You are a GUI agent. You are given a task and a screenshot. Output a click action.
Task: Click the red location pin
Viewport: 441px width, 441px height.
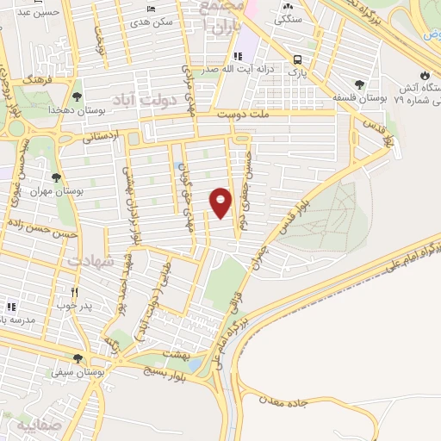coord(221,202)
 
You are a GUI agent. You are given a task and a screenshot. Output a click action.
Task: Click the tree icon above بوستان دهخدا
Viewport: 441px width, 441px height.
coord(78,96)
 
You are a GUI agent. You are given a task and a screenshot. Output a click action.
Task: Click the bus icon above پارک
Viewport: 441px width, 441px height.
coord(297,59)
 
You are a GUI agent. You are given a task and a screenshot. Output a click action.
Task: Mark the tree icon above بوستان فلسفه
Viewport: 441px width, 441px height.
coord(359,84)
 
